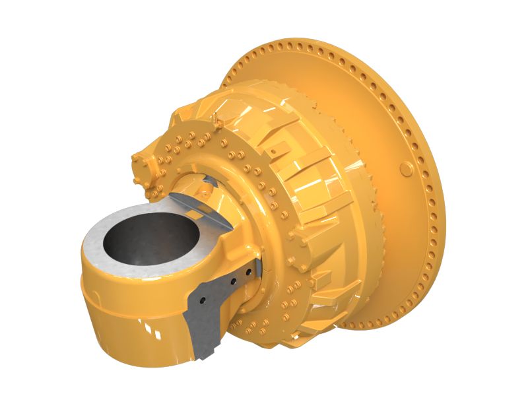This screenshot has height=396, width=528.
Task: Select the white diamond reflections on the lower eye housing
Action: click(x=149, y=326)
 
